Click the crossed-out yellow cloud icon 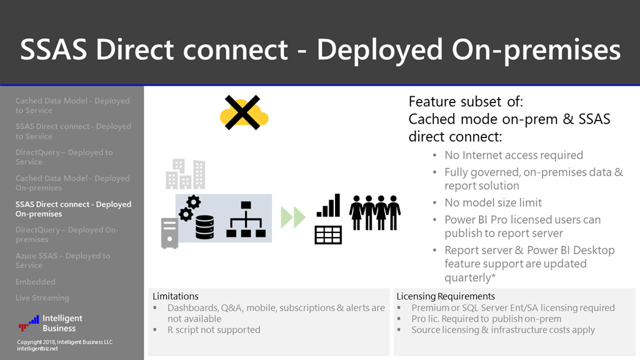click(243, 113)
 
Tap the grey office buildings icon click(185, 174)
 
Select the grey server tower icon click(169, 232)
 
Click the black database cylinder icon click(204, 224)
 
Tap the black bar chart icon click(328, 205)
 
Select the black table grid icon click(328, 234)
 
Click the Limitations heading click(176, 296)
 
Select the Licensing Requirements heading click(446, 296)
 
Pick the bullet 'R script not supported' click(214, 329)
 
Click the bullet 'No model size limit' click(493, 202)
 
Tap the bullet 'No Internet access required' click(514, 155)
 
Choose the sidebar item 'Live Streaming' click(42, 298)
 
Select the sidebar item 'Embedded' click(36, 282)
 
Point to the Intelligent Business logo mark click(29, 323)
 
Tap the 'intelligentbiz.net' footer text click(37, 349)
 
